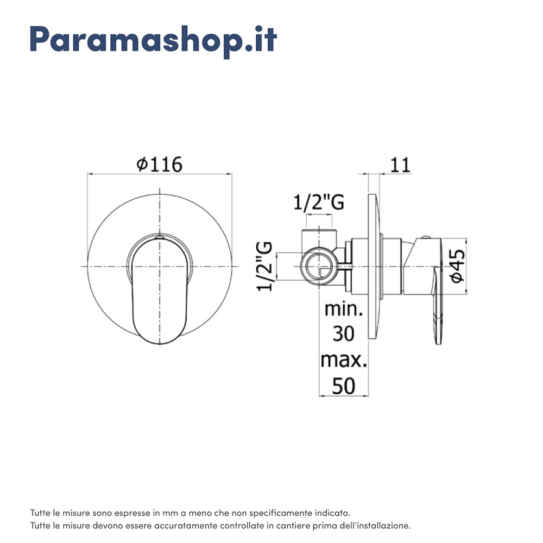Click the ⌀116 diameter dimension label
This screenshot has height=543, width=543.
tap(159, 163)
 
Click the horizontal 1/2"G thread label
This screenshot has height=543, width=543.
tap(319, 203)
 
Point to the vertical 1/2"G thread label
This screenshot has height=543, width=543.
tap(264, 266)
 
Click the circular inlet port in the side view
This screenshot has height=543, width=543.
tap(318, 267)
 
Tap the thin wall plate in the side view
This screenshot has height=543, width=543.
tap(372, 266)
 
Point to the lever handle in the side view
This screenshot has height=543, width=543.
tap(438, 293)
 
